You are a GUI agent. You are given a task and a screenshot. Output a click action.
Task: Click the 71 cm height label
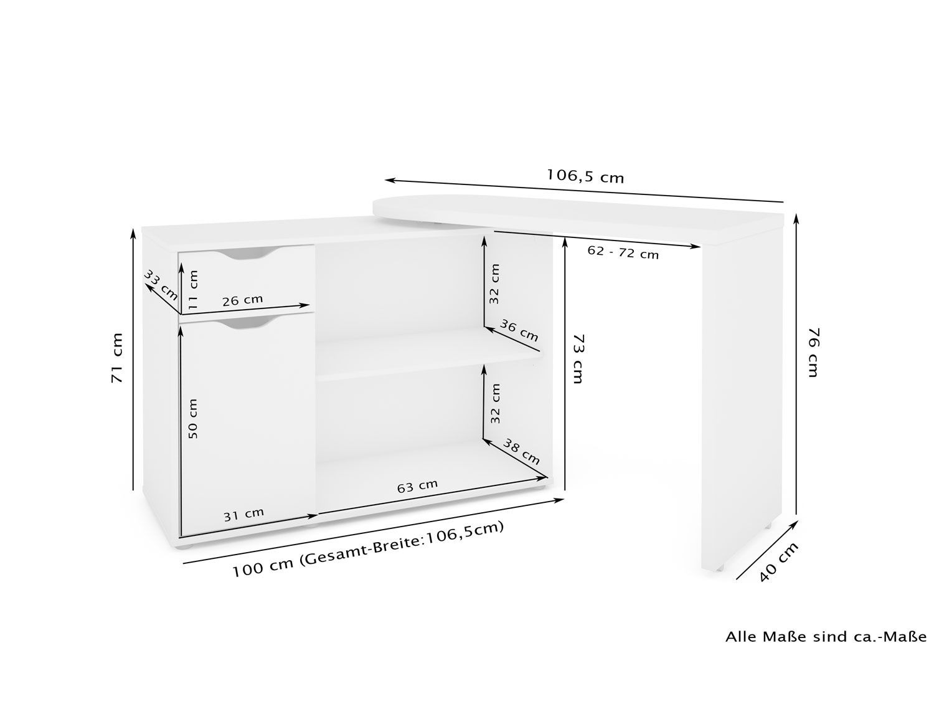click(x=117, y=358)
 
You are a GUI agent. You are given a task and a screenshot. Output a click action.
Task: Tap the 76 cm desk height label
click(x=813, y=352)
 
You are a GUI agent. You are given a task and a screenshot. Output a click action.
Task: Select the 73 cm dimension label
click(x=577, y=358)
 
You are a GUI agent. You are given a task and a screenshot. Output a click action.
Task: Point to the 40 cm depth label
click(x=779, y=562)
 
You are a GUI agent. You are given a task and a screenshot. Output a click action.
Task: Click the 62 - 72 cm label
click(x=623, y=253)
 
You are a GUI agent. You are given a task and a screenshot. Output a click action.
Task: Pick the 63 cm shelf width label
click(x=417, y=485)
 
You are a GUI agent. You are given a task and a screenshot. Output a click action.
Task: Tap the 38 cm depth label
click(x=522, y=452)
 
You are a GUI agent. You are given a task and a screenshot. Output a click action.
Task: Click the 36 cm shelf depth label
click(x=519, y=330)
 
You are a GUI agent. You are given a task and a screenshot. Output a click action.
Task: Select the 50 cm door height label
click(x=193, y=418)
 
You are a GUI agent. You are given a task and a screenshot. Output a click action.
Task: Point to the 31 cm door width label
click(x=244, y=514)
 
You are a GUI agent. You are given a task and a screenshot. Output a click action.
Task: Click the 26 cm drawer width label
click(x=243, y=300)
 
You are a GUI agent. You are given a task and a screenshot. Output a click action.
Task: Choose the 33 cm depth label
click(x=161, y=285)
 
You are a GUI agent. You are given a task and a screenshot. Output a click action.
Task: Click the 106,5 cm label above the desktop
click(x=585, y=175)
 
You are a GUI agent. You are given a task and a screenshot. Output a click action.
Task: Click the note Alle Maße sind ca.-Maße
click(x=826, y=648)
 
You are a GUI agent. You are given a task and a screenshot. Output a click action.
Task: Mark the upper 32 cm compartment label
click(x=494, y=284)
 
